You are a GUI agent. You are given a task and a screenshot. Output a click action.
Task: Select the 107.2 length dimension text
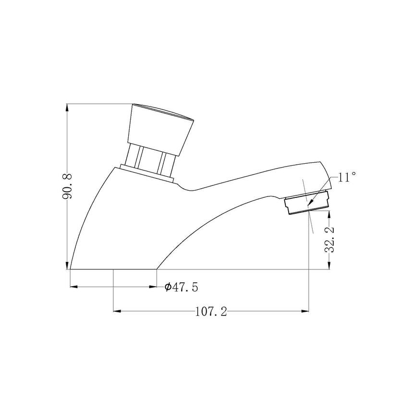(211, 312)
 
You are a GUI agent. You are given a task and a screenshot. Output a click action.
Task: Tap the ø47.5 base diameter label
(181, 287)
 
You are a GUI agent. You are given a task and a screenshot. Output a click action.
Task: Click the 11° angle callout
(347, 177)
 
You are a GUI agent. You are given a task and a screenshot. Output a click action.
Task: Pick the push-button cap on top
(161, 129)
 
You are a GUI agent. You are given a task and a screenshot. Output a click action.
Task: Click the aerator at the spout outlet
(307, 202)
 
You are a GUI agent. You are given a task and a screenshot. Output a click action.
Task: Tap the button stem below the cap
(150, 159)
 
